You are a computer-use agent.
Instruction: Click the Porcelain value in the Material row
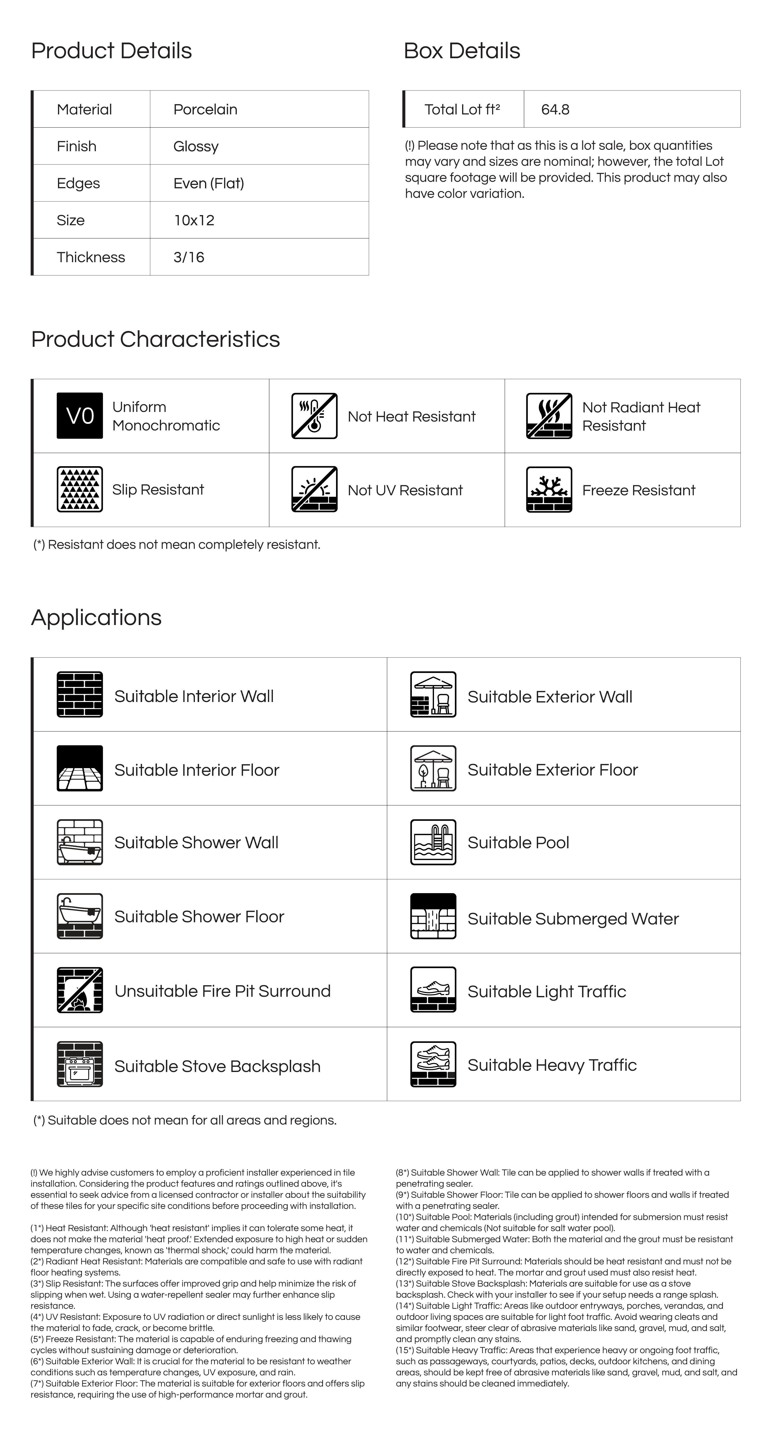point(205,110)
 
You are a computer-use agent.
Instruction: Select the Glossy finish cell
point(196,146)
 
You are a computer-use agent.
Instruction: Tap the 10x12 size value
point(194,220)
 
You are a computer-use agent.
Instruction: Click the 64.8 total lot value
point(555,110)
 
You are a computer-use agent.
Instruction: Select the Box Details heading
point(461,51)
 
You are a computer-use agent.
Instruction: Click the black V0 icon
point(80,416)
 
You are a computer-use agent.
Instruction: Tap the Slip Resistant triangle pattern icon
point(80,489)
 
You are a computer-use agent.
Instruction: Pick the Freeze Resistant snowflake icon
point(549,489)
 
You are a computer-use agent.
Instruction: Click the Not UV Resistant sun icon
point(314,489)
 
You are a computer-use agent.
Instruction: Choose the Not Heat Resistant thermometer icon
point(314,416)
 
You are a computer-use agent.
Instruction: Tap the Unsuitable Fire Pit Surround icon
point(80,990)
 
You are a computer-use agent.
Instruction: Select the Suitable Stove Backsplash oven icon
point(80,1064)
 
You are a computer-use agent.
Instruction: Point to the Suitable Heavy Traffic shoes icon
point(433,1064)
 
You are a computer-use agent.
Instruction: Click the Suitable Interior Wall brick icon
point(80,694)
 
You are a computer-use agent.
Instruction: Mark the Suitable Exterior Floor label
point(553,770)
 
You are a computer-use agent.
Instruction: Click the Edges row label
point(78,183)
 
